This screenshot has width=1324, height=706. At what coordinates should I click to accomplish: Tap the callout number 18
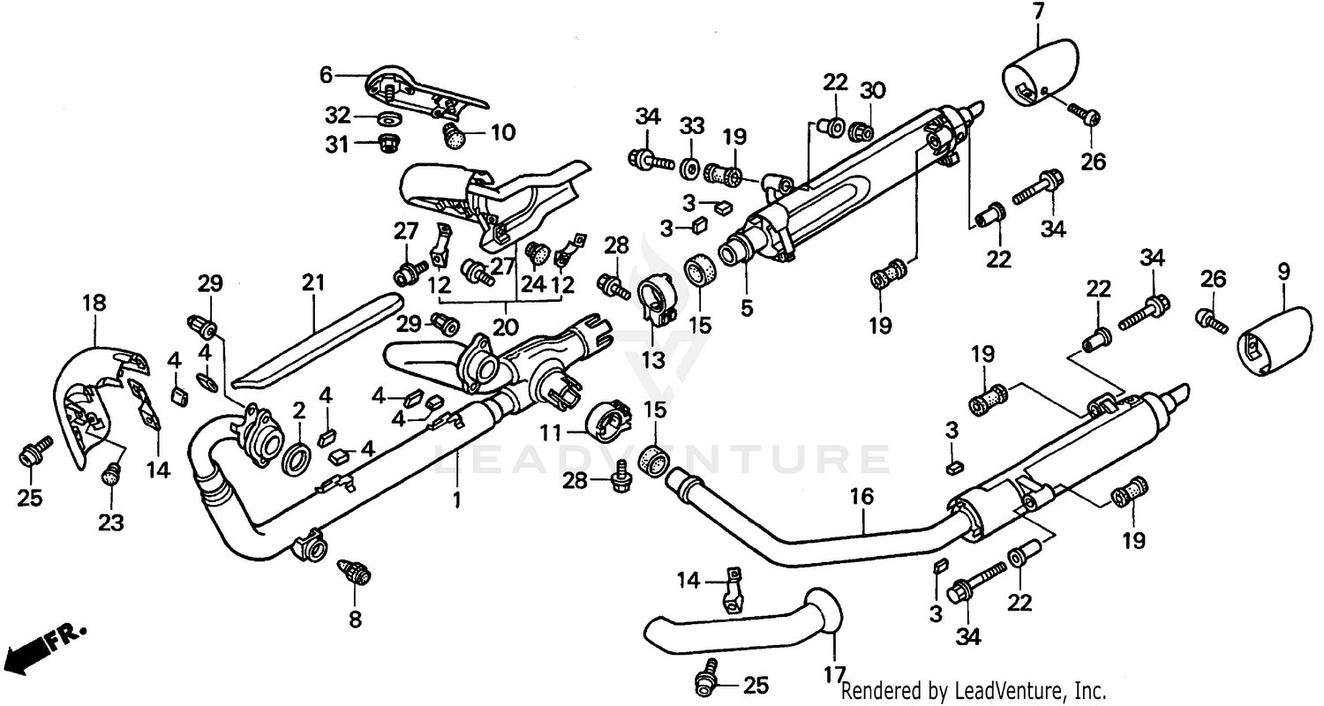tap(94, 303)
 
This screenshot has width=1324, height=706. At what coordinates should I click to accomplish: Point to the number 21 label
tap(313, 283)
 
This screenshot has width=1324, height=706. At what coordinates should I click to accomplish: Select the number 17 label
tap(835, 676)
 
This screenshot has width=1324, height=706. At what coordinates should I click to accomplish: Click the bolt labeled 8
tap(357, 573)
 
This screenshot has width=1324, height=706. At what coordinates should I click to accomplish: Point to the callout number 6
tap(327, 76)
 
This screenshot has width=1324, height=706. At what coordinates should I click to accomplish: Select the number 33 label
tap(691, 124)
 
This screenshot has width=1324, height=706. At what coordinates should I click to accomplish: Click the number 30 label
tap(872, 90)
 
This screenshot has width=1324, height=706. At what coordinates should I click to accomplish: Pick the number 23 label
tap(110, 522)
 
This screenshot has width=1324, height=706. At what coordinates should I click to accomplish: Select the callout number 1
tap(456, 500)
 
